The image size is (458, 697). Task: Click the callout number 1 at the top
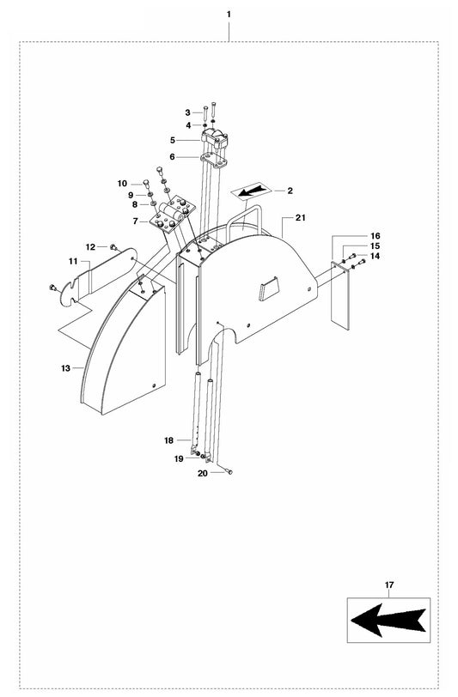(228, 15)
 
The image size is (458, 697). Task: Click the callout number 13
(65, 367)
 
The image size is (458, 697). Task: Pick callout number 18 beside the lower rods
(169, 440)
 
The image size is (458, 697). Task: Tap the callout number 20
(202, 473)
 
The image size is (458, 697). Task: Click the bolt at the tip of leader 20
(230, 471)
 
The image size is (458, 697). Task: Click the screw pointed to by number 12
(113, 247)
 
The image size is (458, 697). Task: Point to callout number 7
(136, 221)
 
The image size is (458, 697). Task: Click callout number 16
(375, 235)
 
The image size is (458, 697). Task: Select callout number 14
(375, 256)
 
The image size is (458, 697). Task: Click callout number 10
(122, 184)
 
